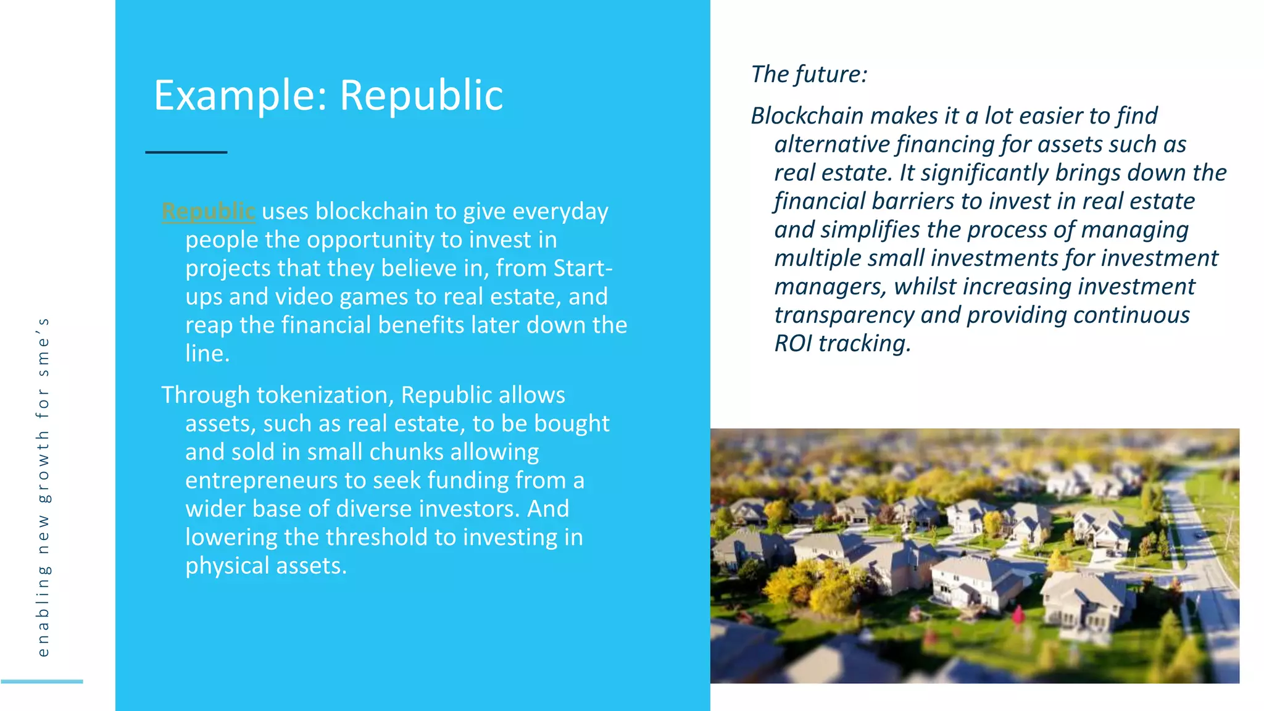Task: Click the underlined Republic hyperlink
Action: tap(208, 212)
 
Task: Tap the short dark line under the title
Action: tap(186, 152)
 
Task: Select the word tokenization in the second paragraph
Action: tap(325, 395)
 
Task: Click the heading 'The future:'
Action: tap(809, 75)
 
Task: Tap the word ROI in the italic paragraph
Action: tap(793, 343)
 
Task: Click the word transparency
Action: tap(844, 315)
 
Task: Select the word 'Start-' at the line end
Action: tap(583, 268)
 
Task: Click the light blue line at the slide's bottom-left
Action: tap(42, 681)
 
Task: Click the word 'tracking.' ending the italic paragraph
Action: tap(865, 343)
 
